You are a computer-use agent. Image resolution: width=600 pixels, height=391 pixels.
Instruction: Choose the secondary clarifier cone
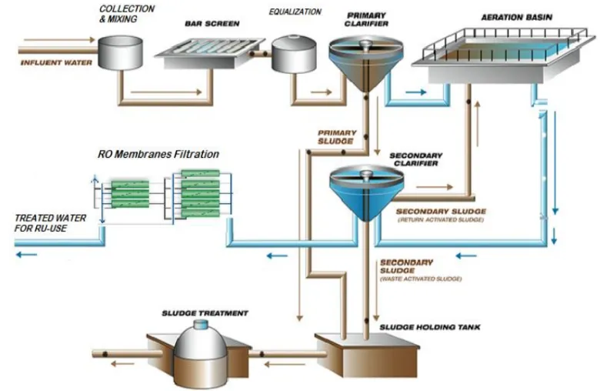tap(366, 192)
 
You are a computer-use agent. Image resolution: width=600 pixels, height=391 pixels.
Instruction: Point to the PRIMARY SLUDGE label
tap(336, 136)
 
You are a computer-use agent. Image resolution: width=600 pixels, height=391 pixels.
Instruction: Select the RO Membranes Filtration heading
tap(158, 154)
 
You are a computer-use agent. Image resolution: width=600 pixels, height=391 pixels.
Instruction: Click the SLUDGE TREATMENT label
tap(205, 313)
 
